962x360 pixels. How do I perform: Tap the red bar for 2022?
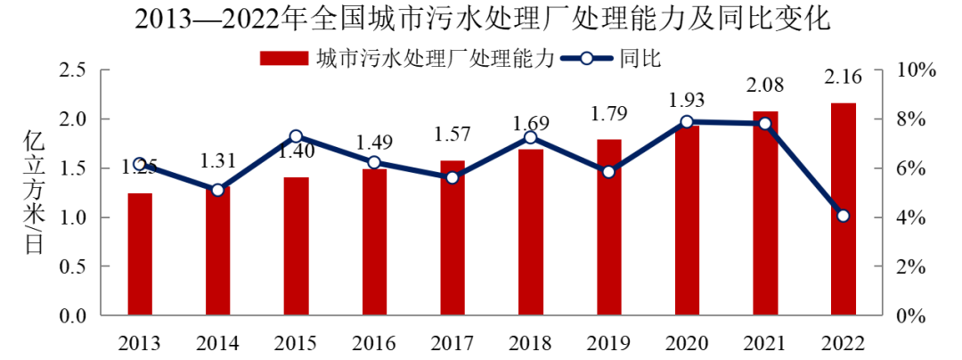pos(843,209)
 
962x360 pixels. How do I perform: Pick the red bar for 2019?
pos(608,227)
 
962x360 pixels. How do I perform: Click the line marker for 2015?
pos(297,136)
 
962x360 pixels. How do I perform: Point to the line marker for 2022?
pos(843,216)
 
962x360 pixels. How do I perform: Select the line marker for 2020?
pos(687,122)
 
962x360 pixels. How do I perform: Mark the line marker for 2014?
pos(218,190)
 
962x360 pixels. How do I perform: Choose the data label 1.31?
pos(218,160)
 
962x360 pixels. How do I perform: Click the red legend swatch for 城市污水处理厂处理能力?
pos(284,59)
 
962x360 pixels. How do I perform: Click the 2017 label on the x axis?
pos(452,343)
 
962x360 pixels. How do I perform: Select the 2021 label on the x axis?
pos(764,343)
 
